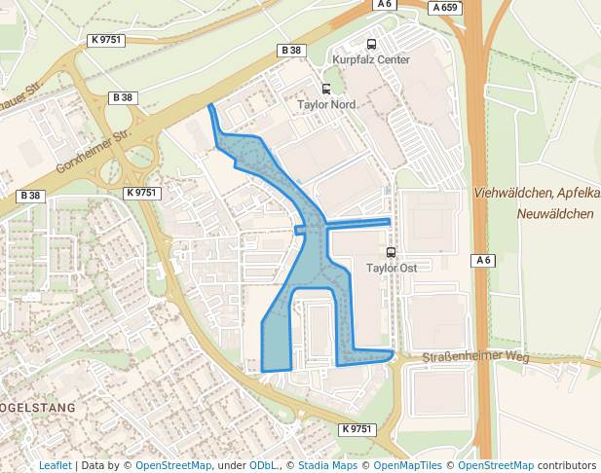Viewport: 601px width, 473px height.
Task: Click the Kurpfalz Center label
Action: [x=371, y=60]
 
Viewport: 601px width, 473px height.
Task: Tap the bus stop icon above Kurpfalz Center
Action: [x=371, y=44]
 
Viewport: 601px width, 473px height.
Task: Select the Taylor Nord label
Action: [x=326, y=104]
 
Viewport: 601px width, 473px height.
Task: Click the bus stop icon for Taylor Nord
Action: [x=326, y=89]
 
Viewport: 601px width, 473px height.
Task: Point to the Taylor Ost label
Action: [x=392, y=267]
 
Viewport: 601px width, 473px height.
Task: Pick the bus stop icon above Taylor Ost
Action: [x=392, y=252]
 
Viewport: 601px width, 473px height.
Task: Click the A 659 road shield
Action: [x=444, y=8]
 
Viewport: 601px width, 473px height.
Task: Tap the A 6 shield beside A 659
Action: [x=384, y=5]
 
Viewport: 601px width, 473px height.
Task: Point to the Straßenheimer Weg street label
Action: [x=475, y=357]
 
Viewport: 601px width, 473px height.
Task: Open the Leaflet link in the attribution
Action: [x=55, y=465]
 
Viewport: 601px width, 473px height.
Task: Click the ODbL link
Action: [x=263, y=465]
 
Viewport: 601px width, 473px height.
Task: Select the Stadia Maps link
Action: [x=326, y=465]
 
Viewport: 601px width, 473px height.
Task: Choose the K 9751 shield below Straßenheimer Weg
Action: [x=357, y=429]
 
